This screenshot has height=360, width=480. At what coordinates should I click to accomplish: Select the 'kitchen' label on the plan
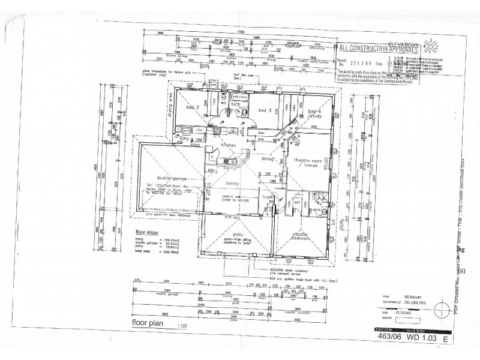tap(230, 146)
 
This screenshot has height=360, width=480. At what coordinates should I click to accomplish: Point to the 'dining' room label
tap(267, 160)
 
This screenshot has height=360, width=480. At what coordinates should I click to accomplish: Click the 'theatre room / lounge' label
tap(308, 163)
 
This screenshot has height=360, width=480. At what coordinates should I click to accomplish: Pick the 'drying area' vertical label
tap(169, 106)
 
